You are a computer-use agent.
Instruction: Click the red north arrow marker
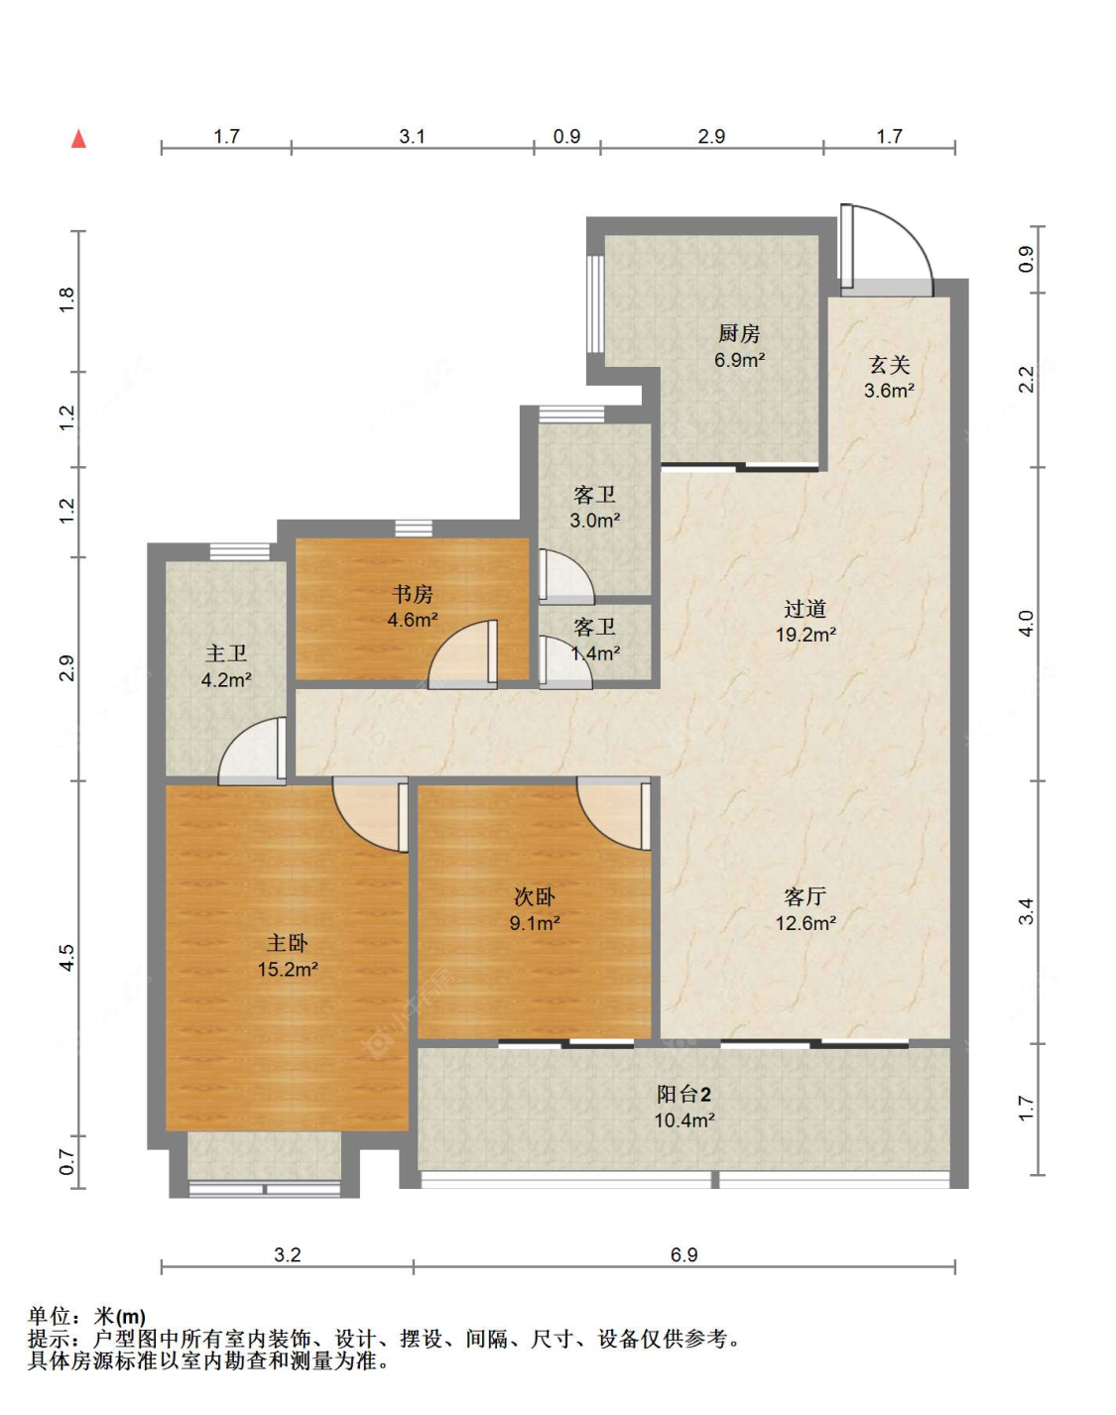[79, 139]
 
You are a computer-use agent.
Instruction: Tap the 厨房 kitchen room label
[739, 333]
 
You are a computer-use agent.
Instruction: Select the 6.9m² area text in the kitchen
[740, 360]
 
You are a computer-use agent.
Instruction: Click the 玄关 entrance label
[889, 364]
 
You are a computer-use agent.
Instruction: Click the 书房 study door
[462, 654]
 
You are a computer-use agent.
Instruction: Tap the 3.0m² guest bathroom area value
[595, 521]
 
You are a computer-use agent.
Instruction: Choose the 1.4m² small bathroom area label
[595, 652]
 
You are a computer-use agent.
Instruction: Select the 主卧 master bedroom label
[288, 943]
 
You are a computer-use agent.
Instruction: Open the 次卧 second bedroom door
[614, 813]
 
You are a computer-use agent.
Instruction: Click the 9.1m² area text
[535, 923]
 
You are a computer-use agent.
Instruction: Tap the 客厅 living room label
[806, 896]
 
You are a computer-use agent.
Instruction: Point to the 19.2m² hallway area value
[806, 635]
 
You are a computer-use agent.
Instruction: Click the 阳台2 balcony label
[684, 1094]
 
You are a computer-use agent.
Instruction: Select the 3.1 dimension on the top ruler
[412, 136]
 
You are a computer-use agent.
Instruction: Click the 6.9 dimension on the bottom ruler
[684, 1254]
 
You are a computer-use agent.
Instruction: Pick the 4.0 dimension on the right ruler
[1026, 624]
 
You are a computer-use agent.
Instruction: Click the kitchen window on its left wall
[595, 303]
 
